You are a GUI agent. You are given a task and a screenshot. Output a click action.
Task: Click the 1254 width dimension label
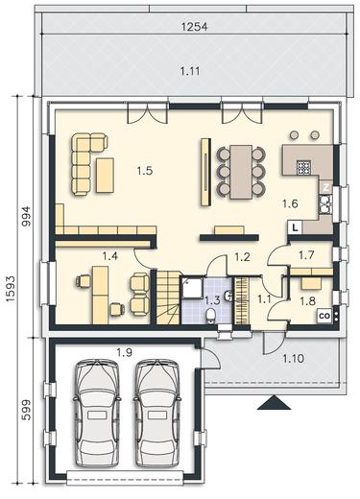[x=194, y=27]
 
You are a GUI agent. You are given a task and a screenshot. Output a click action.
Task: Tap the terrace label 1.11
[x=190, y=71]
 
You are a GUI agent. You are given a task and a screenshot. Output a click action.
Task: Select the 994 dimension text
[x=27, y=216]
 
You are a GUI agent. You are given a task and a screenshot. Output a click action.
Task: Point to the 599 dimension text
[x=27, y=410]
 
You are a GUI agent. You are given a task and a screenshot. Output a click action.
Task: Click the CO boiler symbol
[x=324, y=316]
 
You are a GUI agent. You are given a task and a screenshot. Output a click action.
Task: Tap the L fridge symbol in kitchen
[x=295, y=227]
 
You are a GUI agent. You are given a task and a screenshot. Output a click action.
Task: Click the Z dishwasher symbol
[x=326, y=188]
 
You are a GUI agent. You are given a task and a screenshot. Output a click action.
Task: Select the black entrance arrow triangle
[x=274, y=402]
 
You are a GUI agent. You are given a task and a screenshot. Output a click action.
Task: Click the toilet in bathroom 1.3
[x=211, y=315]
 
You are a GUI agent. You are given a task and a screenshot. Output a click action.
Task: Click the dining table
[x=242, y=172]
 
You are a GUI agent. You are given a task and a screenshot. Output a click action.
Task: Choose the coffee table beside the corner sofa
[x=105, y=176]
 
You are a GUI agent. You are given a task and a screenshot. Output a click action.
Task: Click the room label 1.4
[x=109, y=256]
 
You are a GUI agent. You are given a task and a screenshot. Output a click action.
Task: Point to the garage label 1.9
[x=124, y=352]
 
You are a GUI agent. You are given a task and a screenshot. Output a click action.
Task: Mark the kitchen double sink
[x=325, y=204]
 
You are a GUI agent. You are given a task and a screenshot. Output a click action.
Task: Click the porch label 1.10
[x=293, y=359]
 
